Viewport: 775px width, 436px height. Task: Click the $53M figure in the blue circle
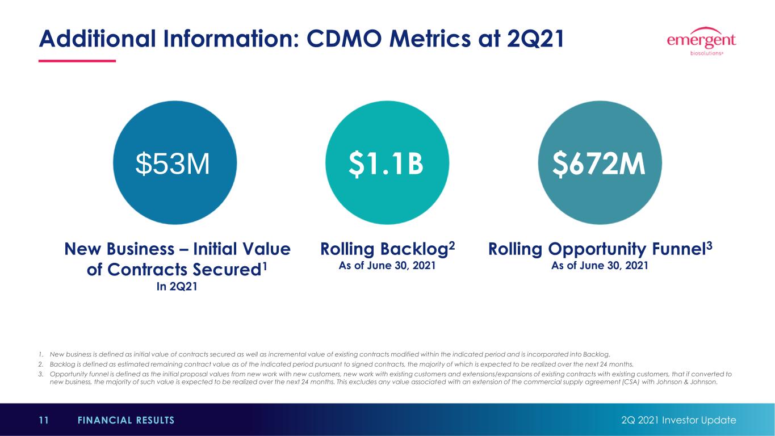click(x=172, y=163)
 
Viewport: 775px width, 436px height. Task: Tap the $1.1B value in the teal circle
click(x=386, y=164)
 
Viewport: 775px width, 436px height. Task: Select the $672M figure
click(x=599, y=164)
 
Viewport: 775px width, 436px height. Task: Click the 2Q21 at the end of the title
click(x=535, y=39)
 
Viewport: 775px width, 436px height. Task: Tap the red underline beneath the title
click(x=77, y=61)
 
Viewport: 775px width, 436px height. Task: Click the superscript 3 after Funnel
click(x=709, y=245)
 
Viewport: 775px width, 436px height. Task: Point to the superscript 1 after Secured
click(x=265, y=266)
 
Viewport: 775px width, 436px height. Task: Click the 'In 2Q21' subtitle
click(x=177, y=287)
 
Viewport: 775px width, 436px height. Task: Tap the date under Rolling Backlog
click(x=387, y=266)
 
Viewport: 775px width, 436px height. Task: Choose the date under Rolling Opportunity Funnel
click(x=600, y=266)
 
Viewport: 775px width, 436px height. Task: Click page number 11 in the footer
click(x=44, y=420)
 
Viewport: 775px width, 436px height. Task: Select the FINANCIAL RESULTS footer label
click(x=126, y=420)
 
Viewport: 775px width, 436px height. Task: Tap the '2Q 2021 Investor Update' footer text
click(x=678, y=420)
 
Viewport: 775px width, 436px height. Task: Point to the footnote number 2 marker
click(x=41, y=364)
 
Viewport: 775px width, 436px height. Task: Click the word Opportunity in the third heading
click(x=597, y=249)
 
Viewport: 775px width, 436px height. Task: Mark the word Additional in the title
click(x=98, y=39)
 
